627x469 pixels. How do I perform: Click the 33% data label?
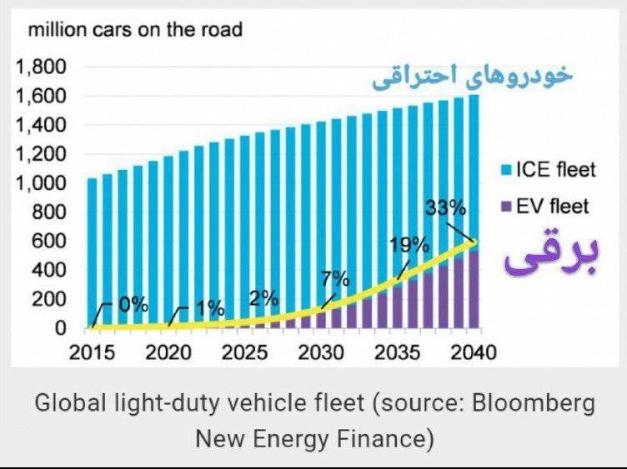pos(445,208)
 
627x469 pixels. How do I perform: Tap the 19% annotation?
pos(409,245)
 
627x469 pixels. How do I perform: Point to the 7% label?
pos(335,279)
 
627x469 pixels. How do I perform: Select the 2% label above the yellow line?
pos(264,298)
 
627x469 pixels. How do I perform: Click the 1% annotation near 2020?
pos(210,308)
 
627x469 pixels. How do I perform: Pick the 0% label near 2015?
pos(133,305)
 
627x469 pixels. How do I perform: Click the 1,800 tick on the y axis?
pos(40,67)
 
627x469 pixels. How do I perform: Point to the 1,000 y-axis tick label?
pos(40,183)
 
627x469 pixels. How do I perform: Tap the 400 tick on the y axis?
pos(48,271)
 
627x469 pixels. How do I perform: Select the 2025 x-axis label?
pos(244,352)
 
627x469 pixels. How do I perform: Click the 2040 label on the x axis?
pos(474,352)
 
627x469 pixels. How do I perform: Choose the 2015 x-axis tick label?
pos(92,352)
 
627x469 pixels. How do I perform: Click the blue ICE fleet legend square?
pos(507,171)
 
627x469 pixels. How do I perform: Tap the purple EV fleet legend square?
pos(507,207)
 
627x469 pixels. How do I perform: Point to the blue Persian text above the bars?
pos(472,77)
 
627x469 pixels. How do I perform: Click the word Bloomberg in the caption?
pos(534,403)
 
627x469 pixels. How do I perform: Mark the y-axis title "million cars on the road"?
pos(135,29)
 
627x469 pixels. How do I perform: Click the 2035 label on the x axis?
pos(397,352)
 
